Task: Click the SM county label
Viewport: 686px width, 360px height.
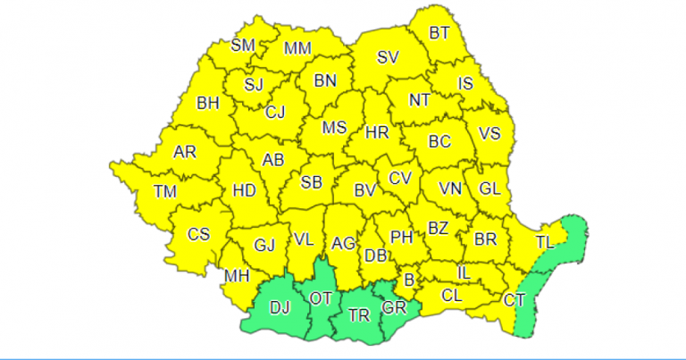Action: click(243, 45)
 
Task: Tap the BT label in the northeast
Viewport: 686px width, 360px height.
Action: click(439, 33)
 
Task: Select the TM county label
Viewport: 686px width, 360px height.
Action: click(164, 190)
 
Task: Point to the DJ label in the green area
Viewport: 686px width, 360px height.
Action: click(280, 308)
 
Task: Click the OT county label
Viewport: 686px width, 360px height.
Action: click(320, 297)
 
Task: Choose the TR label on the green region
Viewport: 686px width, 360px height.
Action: click(359, 315)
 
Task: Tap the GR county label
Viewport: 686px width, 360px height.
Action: click(394, 307)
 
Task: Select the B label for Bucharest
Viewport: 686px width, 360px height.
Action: click(408, 280)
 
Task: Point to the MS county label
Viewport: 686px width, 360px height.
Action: click(334, 128)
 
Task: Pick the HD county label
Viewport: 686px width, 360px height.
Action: click(244, 190)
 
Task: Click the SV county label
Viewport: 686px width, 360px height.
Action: click(387, 58)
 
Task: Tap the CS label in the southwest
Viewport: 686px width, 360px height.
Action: click(198, 234)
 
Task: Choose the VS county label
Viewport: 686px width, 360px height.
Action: click(489, 134)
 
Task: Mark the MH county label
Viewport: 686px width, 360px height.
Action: click(236, 276)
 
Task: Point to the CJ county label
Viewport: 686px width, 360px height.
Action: click(276, 112)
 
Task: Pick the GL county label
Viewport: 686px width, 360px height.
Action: click(489, 189)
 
